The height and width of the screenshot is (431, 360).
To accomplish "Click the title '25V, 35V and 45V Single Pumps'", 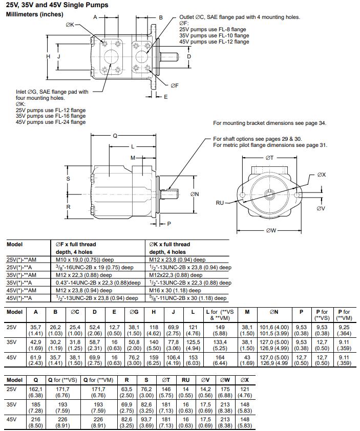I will (57, 5).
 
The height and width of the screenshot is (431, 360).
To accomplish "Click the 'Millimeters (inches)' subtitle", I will (34, 14).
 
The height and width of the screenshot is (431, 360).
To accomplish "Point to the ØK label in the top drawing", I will (70, 25).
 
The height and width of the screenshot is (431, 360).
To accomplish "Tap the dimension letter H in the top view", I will (49, 56).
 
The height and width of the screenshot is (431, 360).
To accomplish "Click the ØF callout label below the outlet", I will (175, 85).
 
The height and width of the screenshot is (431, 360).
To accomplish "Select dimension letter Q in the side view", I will (115, 136).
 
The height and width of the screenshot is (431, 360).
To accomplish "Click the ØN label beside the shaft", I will (195, 194).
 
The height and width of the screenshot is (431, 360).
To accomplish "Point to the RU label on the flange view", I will (220, 203).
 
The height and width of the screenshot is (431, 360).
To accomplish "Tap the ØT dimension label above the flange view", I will (270, 158).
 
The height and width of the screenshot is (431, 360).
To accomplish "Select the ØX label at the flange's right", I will (321, 175).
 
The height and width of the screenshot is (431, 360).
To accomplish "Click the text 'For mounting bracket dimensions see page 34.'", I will (269, 123).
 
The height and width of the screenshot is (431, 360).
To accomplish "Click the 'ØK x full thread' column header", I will (170, 244).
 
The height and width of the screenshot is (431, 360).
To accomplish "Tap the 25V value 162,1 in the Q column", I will (36, 390).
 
